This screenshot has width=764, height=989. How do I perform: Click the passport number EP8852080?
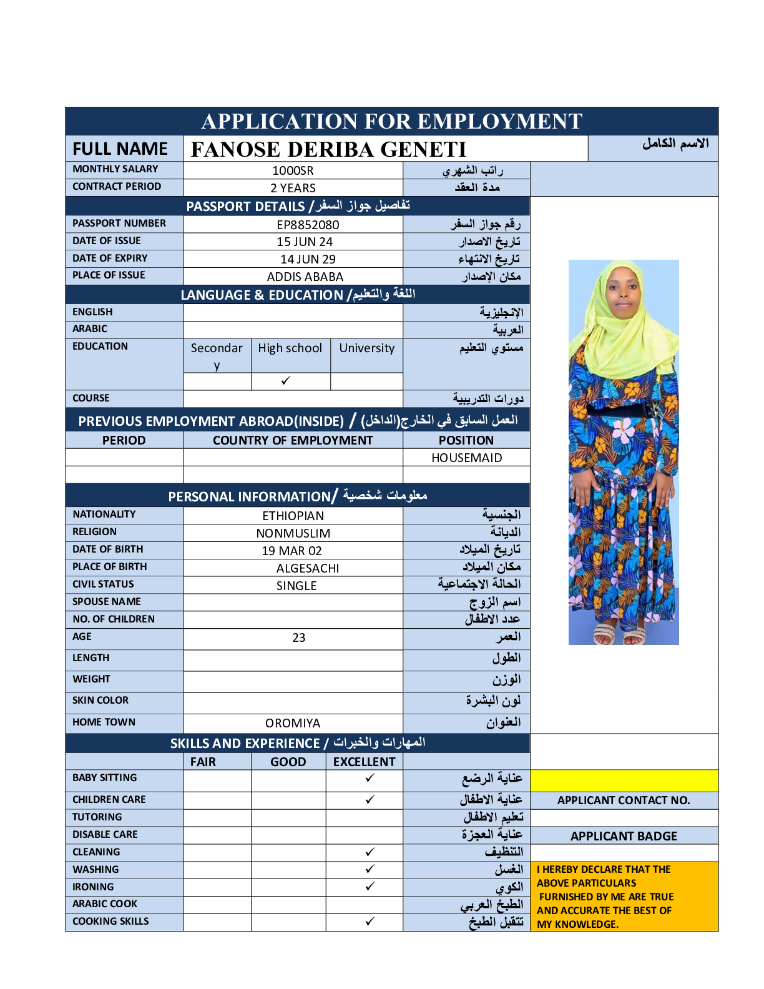click(308, 225)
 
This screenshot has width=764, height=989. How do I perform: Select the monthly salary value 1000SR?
click(293, 170)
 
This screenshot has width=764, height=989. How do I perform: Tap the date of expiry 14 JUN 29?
click(308, 259)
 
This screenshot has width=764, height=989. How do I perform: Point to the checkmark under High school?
click(286, 380)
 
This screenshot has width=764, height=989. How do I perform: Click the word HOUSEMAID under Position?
click(466, 458)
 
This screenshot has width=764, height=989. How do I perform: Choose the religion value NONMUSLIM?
click(293, 533)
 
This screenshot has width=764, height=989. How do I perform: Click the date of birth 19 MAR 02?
click(291, 551)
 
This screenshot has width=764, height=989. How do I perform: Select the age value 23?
click(299, 637)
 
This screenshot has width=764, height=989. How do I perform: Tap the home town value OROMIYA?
click(293, 723)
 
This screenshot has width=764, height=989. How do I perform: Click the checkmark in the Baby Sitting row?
click(370, 777)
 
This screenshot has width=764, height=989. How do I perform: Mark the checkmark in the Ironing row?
click(370, 886)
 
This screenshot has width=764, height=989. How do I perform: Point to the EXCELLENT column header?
click(364, 762)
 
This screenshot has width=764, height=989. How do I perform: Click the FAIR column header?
click(203, 762)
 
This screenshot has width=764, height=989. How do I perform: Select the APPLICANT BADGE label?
click(624, 836)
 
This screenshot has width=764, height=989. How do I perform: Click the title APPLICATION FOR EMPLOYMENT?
click(392, 121)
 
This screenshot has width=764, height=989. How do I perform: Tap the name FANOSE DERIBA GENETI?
click(328, 149)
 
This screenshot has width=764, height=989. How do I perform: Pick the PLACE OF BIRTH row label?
click(110, 566)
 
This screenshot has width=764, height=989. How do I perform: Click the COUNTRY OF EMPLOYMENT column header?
click(293, 440)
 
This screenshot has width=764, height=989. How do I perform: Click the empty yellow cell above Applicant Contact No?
click(624, 780)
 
